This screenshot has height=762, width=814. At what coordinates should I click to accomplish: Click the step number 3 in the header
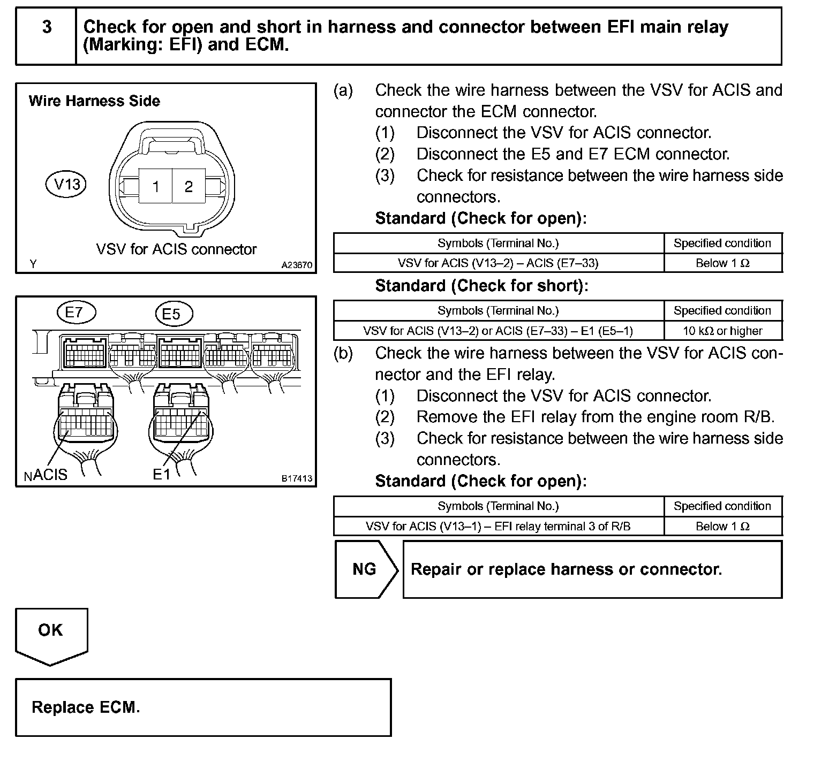click(x=47, y=27)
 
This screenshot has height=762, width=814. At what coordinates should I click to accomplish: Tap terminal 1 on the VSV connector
click(x=156, y=187)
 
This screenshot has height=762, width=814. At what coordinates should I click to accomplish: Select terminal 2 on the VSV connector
click(x=188, y=187)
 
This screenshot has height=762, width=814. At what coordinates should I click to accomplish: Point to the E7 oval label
click(x=74, y=312)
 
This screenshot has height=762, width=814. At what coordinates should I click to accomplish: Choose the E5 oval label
click(x=171, y=314)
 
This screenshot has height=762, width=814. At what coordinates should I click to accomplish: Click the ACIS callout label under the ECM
click(x=50, y=475)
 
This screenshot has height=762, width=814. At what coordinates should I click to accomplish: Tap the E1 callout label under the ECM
click(x=161, y=474)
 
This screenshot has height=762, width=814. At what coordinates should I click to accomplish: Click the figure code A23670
click(x=297, y=265)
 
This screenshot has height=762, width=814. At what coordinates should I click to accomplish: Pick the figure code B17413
click(x=297, y=478)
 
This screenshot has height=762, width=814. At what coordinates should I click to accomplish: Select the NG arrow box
click(x=366, y=569)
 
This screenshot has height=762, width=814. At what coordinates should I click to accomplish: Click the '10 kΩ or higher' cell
click(x=722, y=331)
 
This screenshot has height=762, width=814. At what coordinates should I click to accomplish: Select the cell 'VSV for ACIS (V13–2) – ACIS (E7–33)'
click(x=498, y=263)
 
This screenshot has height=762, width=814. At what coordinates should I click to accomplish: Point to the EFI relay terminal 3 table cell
click(x=498, y=526)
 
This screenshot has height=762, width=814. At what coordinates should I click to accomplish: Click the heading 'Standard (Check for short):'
click(x=481, y=286)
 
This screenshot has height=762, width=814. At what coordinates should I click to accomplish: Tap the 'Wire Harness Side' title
click(x=94, y=101)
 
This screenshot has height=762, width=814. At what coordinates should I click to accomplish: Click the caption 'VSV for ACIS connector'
click(x=176, y=249)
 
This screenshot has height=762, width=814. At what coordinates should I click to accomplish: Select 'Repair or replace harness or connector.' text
click(x=566, y=569)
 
